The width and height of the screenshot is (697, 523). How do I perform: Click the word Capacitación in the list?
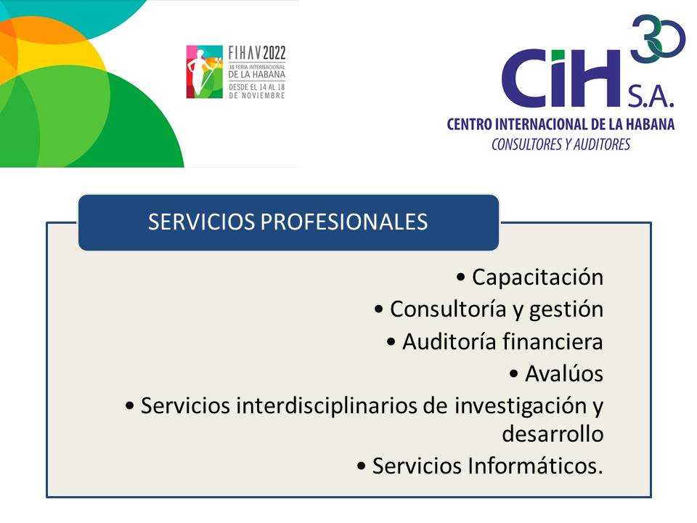click(537, 277)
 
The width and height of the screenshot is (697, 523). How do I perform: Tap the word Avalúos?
click(564, 373)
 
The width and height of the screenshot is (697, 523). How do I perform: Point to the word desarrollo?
click(553, 434)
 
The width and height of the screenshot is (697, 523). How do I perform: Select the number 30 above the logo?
click(658, 38)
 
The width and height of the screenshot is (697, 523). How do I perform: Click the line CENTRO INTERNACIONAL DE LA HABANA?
click(561, 124)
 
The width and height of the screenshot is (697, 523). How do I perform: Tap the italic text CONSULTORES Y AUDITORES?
click(561, 145)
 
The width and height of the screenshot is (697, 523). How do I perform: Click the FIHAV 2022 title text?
click(258, 53)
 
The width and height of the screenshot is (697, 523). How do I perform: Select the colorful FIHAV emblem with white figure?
click(204, 72)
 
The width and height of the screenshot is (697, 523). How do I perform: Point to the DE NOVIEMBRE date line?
click(257, 96)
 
